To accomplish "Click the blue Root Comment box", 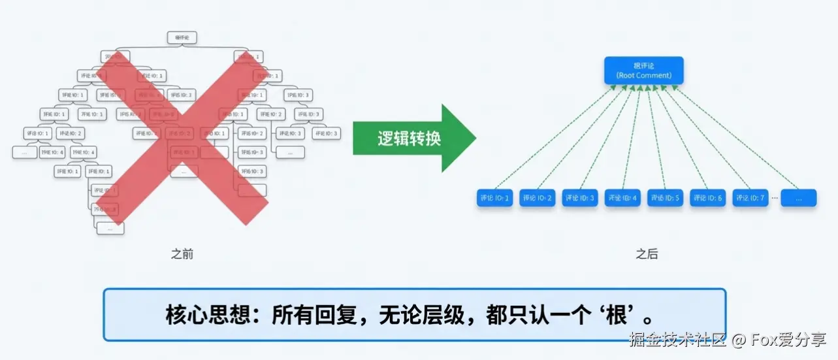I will click(643, 71).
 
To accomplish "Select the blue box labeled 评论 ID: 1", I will click(494, 197).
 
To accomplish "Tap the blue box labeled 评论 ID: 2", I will click(537, 197).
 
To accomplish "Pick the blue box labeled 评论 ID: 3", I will click(580, 197).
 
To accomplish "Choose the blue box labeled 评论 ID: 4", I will click(622, 197).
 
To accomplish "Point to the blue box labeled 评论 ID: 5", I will click(666, 197).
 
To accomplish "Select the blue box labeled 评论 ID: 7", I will click(750, 197).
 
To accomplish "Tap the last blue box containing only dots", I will click(799, 197).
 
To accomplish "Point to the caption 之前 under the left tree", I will click(182, 254).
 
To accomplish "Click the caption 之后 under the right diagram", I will click(647, 254).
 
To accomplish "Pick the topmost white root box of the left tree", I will click(182, 38).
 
